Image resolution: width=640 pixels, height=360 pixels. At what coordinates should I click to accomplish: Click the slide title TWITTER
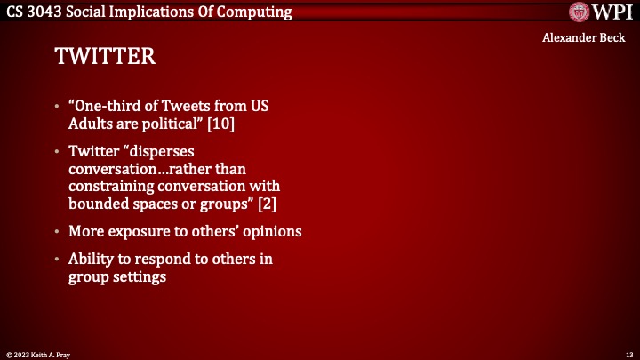(105, 57)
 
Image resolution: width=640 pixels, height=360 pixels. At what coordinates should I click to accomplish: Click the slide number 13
(628, 354)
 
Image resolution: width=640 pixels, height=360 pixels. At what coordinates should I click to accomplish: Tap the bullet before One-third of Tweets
(58, 105)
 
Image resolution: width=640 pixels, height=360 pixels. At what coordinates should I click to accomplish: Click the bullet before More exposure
(58, 231)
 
